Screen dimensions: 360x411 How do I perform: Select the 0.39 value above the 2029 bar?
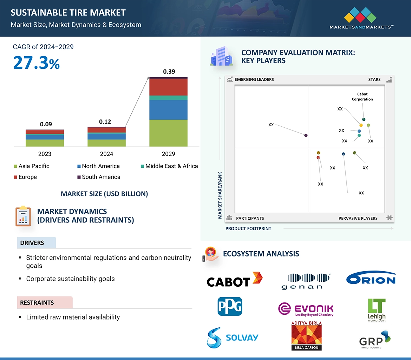click(169, 72)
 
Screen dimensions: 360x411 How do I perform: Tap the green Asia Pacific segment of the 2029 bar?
click(168, 133)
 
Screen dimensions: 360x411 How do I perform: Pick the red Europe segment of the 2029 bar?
click(168, 87)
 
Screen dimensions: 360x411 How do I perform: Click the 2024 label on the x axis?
click(106, 154)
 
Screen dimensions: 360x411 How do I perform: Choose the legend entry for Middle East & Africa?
click(169, 166)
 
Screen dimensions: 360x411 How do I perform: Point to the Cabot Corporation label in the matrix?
click(362, 96)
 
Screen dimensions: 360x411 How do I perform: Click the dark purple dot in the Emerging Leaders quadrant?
click(306, 135)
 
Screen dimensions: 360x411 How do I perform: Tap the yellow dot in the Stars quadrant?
click(361, 125)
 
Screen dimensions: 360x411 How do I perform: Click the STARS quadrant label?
click(374, 79)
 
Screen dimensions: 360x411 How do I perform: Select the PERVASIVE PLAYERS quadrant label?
click(358, 218)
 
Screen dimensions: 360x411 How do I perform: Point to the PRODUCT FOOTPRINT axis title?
click(248, 228)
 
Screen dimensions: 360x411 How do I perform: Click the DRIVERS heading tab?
click(32, 243)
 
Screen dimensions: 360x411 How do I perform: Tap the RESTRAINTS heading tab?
click(37, 302)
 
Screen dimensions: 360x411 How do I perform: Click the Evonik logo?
click(306, 309)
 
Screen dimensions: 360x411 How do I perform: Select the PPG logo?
click(230, 306)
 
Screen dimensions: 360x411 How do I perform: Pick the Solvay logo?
click(233, 338)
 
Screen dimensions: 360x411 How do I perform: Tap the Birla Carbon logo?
click(306, 335)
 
